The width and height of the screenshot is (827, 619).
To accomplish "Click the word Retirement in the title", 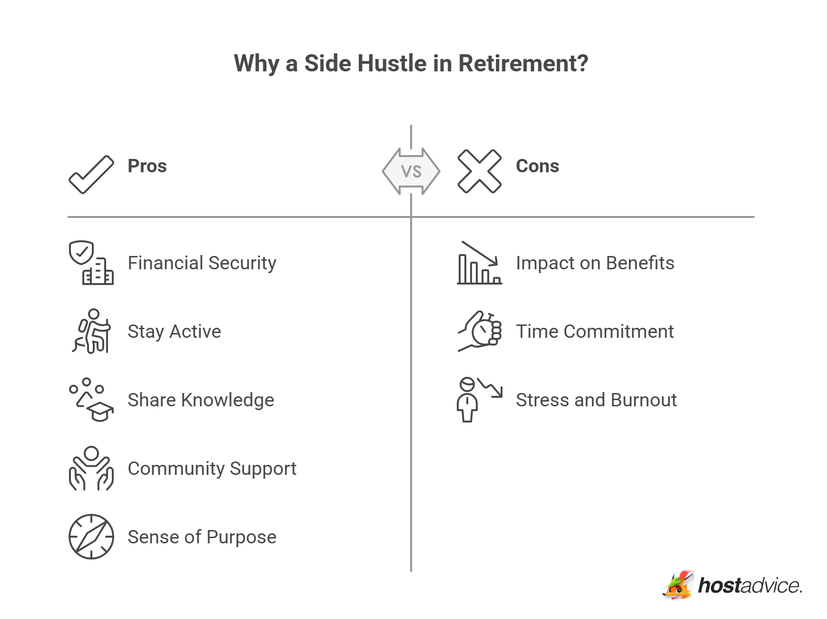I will coord(522,63).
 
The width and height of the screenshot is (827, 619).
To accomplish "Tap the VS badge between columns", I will coord(411,171).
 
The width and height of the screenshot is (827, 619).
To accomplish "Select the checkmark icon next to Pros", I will coord(91,175).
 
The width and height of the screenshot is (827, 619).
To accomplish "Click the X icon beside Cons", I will coord(479,171).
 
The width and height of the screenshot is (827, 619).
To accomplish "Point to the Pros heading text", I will coord(147,166).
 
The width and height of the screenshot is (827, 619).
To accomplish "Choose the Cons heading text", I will coord(537,166).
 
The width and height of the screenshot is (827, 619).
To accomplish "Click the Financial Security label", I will coord(202,263).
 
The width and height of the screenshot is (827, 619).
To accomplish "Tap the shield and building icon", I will coord(91,263).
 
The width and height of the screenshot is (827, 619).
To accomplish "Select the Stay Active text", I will coord(174,332).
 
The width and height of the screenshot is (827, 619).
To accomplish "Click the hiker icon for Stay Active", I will coord(92,331).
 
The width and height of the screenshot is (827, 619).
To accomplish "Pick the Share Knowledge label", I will coord(201,400).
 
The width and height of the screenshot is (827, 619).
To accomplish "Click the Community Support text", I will coord(212,469).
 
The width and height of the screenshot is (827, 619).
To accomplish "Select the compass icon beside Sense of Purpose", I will coord(91,537).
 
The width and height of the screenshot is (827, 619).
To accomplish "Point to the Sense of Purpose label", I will coord(202,537).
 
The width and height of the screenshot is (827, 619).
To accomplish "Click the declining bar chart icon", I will coord(479,263).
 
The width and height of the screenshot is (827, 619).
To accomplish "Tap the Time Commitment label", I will coord(594,332).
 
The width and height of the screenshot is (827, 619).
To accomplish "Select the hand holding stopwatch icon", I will coord(480,332).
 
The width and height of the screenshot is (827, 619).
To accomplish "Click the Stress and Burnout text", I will coord(596,400).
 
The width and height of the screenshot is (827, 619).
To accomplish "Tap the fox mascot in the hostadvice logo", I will coord(679,585).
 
